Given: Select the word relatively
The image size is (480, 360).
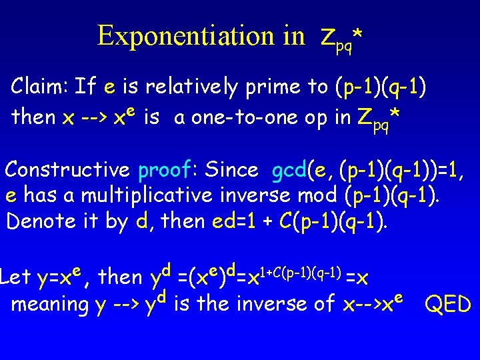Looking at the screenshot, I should point(190,86).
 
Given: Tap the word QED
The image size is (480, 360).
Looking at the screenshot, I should point(448,305).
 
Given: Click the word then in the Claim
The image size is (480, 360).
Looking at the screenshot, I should point(33,117).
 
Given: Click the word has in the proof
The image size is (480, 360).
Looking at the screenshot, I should point(39,195).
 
